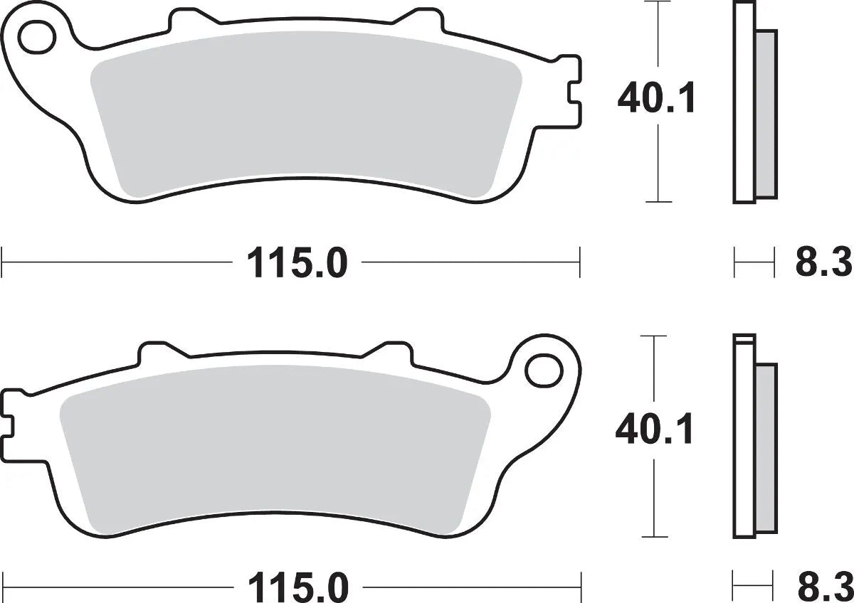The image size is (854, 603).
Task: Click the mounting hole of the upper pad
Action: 37,38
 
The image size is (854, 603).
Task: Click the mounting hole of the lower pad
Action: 543,369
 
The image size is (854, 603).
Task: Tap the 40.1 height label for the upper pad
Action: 657,100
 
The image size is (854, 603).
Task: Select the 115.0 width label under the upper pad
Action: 297,264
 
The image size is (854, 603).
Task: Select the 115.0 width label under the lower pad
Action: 297,589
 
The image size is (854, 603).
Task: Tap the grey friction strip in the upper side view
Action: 766,114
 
